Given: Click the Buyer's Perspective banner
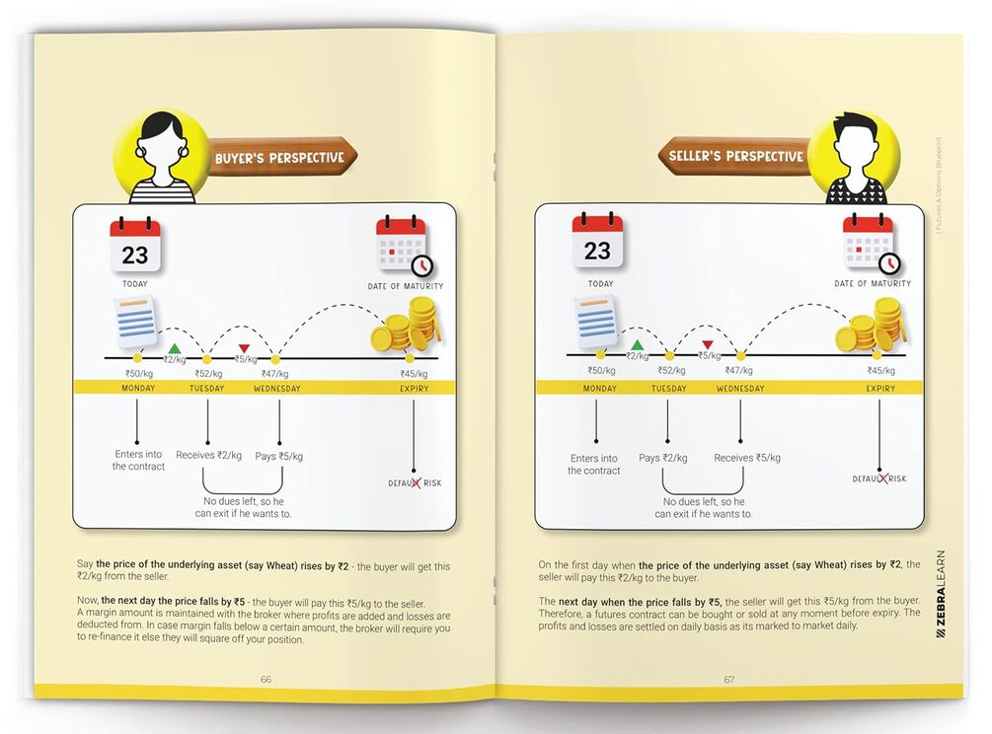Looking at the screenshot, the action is tap(281, 157).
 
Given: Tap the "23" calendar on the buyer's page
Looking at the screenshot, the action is tap(135, 247).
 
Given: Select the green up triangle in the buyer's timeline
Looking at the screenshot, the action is tap(175, 348).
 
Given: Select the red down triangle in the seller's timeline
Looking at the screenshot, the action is tap(708, 344).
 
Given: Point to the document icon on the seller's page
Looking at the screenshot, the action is tap(595, 322).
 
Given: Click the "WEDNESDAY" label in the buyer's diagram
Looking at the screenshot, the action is tap(277, 388).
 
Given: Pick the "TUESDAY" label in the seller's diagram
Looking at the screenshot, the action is tap(668, 388).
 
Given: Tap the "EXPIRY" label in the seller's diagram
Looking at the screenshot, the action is tap(880, 388).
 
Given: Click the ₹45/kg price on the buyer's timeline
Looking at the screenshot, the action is tap(414, 374).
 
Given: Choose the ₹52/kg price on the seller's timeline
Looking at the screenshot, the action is tap(671, 371).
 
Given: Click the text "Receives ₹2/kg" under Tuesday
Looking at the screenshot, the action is tap(209, 455).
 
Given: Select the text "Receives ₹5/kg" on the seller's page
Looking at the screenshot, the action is tap(747, 458).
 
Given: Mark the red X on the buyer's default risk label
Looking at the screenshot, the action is tap(415, 482).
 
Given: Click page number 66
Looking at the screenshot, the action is tap(266, 679).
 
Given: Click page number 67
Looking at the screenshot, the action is tap(728, 679).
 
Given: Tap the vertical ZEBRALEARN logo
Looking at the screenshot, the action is tap(941, 594).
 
